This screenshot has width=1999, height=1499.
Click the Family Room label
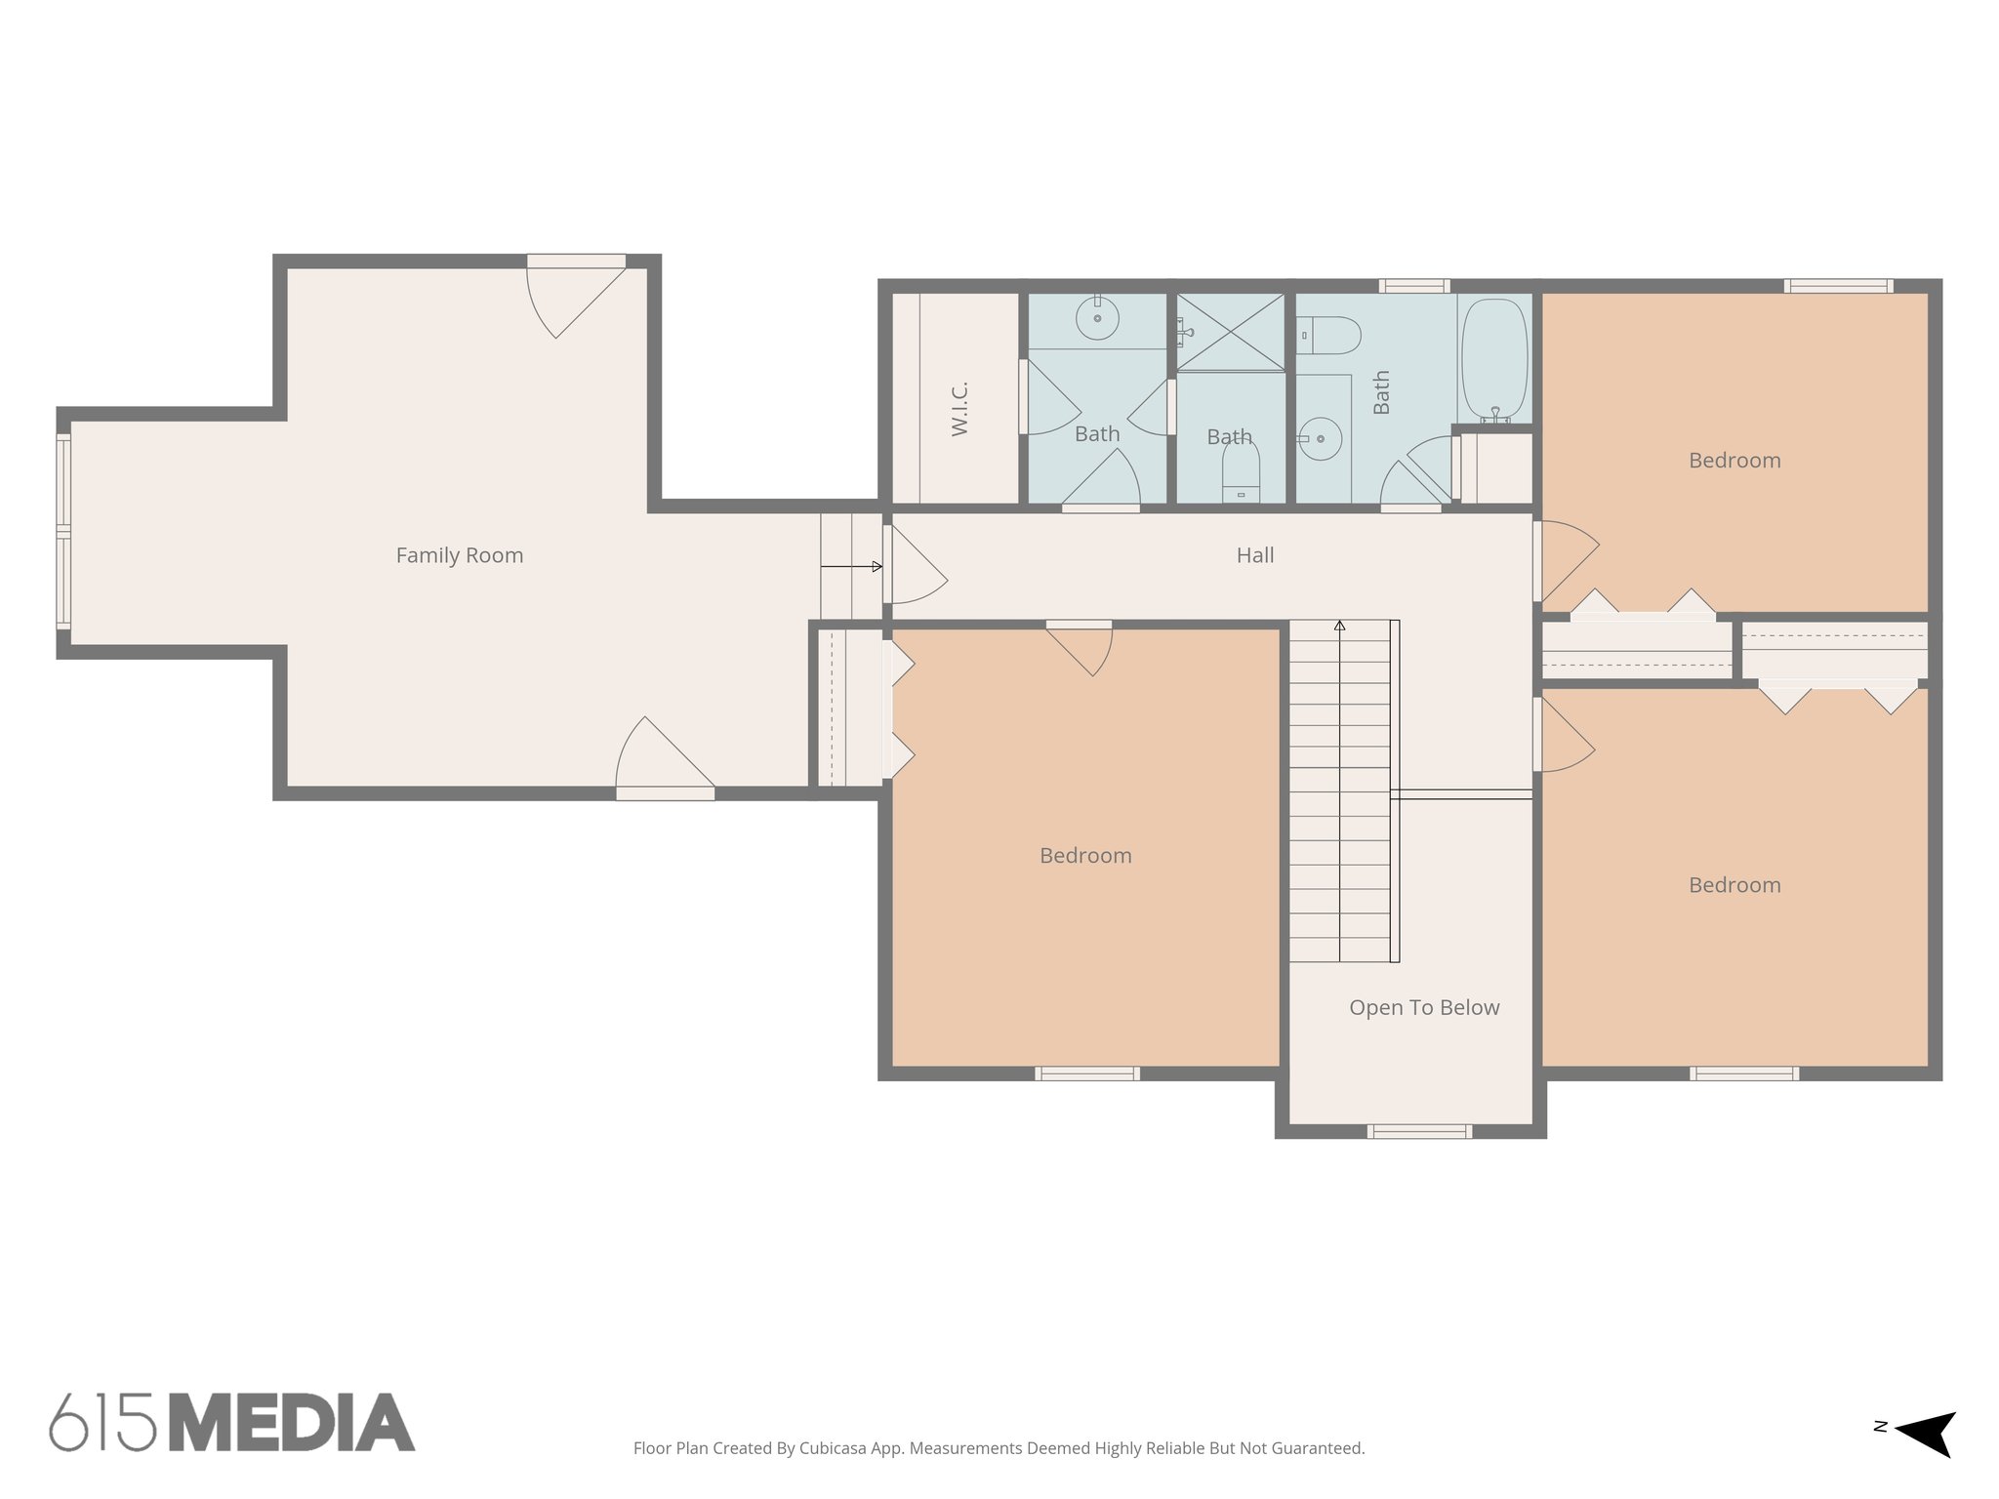pyautogui.click(x=459, y=555)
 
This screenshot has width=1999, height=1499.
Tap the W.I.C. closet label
pyautogui.click(x=959, y=409)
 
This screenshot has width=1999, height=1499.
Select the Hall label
pyautogui.click(x=1254, y=555)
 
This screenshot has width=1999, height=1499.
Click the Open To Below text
pyautogui.click(x=1423, y=1007)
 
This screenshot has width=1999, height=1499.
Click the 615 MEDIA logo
pyautogui.click(x=232, y=1422)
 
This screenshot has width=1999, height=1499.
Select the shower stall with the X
pyautogui.click(x=1230, y=332)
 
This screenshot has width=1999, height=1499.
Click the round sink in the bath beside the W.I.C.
pyautogui.click(x=1098, y=318)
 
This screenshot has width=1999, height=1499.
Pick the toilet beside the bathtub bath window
pyautogui.click(x=1329, y=335)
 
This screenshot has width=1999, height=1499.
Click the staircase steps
pyautogui.click(x=1338, y=790)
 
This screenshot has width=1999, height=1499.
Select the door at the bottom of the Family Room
pyautogui.click(x=664, y=761)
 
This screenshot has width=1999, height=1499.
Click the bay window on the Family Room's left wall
pyautogui.click(x=63, y=532)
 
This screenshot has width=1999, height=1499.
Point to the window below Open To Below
pyautogui.click(x=1418, y=1131)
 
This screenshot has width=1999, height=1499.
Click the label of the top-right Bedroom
pyautogui.click(x=1734, y=461)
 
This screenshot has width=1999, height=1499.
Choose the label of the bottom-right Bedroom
pyautogui.click(x=1734, y=885)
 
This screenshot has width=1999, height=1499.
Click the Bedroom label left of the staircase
pyautogui.click(x=1084, y=856)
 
